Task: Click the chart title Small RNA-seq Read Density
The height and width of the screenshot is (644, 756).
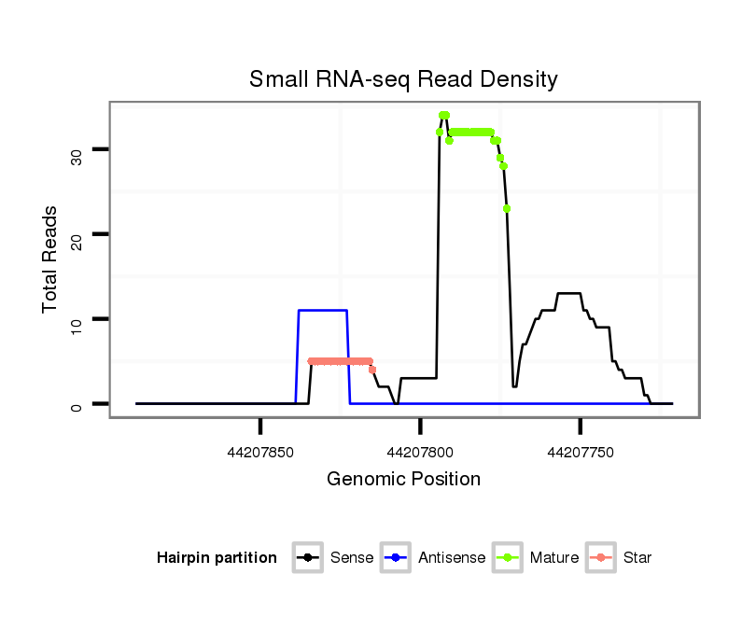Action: coord(403,79)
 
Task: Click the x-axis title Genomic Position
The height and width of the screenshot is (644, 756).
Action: coord(403,480)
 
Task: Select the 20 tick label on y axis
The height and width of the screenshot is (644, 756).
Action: coord(77,233)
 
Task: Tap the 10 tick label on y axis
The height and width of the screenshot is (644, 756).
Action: coord(77,318)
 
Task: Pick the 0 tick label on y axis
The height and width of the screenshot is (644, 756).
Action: coord(77,404)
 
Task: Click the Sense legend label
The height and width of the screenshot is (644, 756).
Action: coord(352,558)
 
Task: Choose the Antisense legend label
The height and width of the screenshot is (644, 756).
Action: coord(452,558)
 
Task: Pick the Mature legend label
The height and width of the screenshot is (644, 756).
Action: coord(553,558)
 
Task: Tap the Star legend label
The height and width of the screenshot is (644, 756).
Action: coord(637,558)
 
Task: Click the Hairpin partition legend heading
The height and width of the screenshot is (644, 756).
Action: coord(217,558)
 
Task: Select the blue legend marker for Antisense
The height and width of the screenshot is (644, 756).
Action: coord(396,558)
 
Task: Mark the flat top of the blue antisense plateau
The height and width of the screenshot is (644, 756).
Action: coord(323,310)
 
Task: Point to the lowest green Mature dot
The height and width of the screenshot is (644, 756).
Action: coord(507,208)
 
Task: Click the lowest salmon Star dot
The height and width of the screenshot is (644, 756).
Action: coord(372,370)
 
